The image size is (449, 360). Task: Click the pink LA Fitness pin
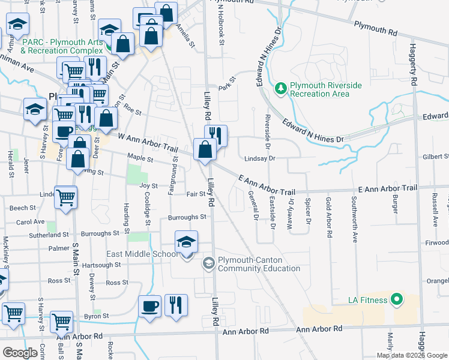point(396,298)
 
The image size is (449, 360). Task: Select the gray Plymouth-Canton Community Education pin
point(208,263)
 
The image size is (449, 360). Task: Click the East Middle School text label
point(142,254)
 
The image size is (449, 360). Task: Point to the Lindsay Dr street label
point(259,158)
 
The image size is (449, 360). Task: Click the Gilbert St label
point(435,157)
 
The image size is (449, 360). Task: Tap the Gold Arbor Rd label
point(328,217)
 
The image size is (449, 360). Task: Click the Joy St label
point(148,186)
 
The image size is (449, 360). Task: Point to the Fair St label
point(196,194)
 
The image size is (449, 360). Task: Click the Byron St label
point(96,316)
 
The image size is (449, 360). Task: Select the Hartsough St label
point(97,265)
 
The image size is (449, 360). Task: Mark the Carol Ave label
point(31,222)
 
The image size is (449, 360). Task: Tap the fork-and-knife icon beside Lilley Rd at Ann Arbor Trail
point(216,136)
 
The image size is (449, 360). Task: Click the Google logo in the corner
point(20,353)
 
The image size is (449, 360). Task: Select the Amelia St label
point(185,35)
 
